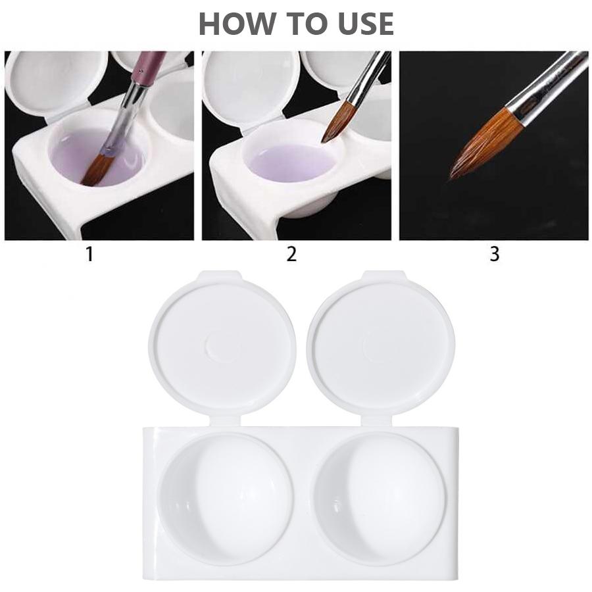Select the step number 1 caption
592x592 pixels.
(89, 255)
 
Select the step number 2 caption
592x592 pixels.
(291, 255)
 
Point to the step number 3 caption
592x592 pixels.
(495, 255)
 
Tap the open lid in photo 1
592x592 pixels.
(53, 82)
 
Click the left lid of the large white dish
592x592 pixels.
(222, 345)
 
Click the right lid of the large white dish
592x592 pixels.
(380, 345)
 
